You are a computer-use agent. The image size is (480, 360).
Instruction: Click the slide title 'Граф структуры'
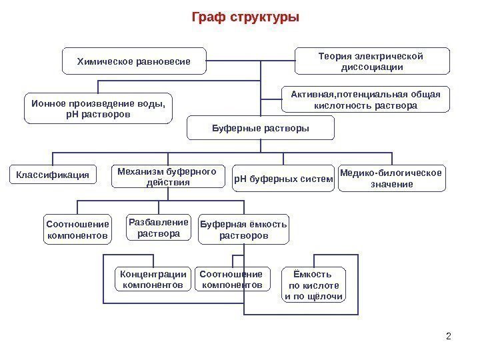click(x=245, y=17)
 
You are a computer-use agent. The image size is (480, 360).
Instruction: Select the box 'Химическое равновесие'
click(x=133, y=61)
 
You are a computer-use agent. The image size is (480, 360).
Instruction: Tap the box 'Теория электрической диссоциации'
click(x=372, y=61)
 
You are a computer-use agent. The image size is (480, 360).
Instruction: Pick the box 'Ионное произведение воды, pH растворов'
click(x=98, y=109)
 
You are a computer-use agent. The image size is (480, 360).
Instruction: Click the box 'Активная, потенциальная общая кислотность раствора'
click(x=365, y=100)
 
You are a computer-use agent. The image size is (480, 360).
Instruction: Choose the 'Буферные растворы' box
click(x=261, y=127)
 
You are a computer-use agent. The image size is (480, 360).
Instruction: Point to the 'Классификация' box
click(x=53, y=175)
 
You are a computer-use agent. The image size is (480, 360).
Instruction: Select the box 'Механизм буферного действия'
click(x=167, y=177)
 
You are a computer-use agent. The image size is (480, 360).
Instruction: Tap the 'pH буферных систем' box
click(x=283, y=179)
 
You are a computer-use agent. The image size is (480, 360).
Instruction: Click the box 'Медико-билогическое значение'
click(x=391, y=179)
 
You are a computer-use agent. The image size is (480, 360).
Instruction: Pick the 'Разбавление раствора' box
click(x=158, y=227)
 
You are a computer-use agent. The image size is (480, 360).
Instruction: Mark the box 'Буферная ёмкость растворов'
click(x=244, y=230)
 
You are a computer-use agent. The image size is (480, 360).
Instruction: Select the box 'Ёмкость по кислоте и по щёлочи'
click(x=312, y=285)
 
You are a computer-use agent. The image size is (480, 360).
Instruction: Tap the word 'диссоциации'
click(x=372, y=67)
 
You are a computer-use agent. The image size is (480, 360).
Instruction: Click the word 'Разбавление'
click(x=158, y=221)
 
